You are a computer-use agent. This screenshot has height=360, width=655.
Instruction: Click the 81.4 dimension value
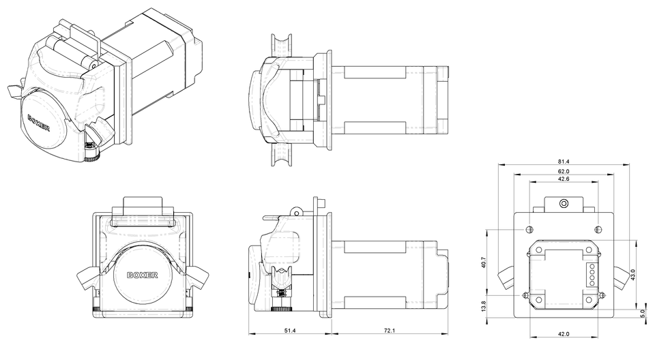pos(564,161)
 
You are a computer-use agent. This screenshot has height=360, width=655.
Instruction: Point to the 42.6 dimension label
pos(564,179)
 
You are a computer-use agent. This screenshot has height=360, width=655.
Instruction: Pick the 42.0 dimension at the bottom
pos(564,333)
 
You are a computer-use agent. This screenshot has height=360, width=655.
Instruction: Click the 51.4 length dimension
pos(289,330)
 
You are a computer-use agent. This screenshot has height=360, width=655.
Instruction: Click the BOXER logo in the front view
pos(143,275)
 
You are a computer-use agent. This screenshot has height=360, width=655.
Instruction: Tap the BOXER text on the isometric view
pos(42,125)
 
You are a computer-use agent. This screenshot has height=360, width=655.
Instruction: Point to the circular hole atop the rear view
pos(564,204)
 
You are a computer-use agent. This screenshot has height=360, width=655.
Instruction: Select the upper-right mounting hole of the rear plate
pos(598,229)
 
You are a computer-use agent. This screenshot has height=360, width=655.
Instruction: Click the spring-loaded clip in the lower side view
pos(280,286)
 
